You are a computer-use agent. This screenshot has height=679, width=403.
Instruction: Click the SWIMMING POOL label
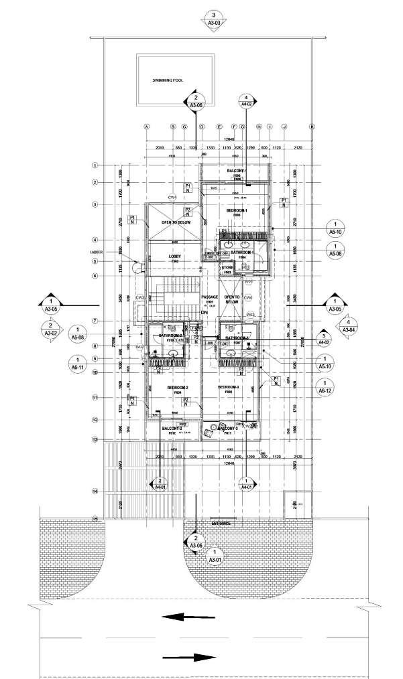[168, 80]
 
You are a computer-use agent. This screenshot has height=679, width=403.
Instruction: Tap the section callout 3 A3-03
[213, 18]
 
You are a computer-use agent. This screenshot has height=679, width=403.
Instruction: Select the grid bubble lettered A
[146, 127]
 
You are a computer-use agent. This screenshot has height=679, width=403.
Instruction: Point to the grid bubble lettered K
[312, 127]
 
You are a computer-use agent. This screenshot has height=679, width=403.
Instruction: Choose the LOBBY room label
[175, 256]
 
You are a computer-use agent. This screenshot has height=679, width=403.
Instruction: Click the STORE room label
[227, 268]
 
